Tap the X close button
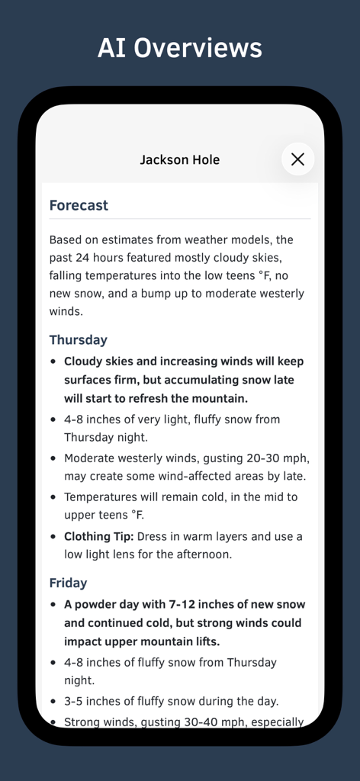tap(297, 159)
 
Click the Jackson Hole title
tap(179, 159)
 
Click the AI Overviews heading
tap(180, 48)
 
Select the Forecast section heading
tap(79, 205)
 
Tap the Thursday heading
tap(78, 339)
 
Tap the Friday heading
tap(68, 583)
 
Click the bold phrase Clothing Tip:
tap(98, 536)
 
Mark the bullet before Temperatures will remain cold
tap(53, 497)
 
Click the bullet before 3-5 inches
tap(53, 701)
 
